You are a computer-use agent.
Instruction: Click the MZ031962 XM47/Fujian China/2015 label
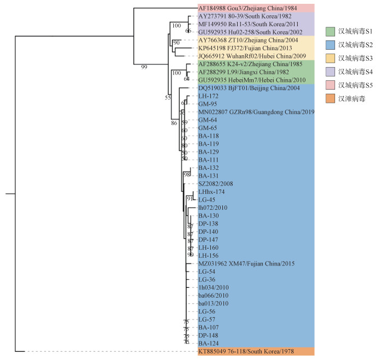(x=246, y=263)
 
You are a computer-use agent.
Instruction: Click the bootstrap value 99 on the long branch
(x=144, y=67)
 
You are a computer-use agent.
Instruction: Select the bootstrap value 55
(x=168, y=98)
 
